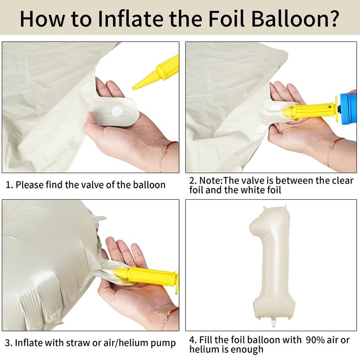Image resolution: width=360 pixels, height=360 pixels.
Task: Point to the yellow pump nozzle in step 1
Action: click(x=156, y=72)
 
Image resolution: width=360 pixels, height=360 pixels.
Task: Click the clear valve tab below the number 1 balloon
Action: click(x=273, y=322)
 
